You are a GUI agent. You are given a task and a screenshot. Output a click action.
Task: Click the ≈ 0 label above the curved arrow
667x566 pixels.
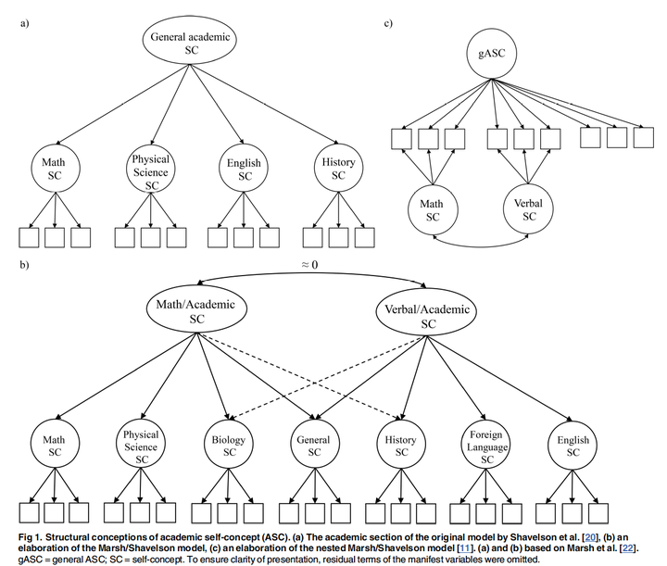[309, 265]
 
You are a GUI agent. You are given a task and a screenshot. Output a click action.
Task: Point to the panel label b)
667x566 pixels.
[24, 265]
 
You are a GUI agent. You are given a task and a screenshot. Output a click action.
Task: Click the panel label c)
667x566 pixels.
[388, 22]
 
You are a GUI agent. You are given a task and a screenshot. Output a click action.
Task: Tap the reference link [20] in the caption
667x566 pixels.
[589, 537]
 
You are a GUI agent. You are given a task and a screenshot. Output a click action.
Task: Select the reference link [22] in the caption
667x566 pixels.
[628, 548]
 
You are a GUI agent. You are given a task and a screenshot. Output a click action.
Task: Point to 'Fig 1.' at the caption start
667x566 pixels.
[30, 537]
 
